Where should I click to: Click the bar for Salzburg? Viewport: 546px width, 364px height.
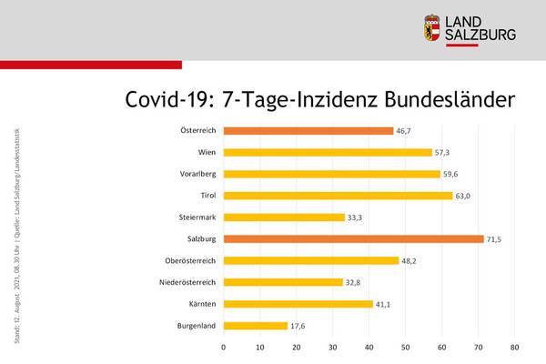(x=353, y=238)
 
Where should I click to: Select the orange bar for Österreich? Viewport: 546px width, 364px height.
(x=308, y=130)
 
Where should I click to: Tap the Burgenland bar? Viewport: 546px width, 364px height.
(x=256, y=325)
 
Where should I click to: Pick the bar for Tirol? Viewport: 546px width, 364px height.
(x=338, y=196)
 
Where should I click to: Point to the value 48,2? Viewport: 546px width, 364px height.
(x=412, y=260)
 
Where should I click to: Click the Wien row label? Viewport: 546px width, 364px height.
(x=206, y=152)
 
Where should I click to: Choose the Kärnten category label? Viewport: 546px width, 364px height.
(x=202, y=303)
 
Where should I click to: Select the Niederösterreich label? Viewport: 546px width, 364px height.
(x=187, y=282)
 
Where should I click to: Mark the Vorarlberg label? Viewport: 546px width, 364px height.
(x=197, y=174)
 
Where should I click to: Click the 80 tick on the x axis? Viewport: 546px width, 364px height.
(x=514, y=347)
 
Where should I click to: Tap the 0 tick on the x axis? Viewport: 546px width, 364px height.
(x=224, y=347)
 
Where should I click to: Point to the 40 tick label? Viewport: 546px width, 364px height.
(x=369, y=347)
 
